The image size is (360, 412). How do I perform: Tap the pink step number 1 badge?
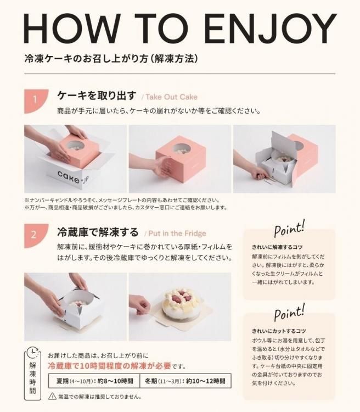(x=36, y=101)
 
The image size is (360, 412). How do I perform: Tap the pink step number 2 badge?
(x=36, y=236)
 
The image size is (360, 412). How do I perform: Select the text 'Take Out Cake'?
(x=171, y=97)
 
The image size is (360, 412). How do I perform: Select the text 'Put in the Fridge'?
(x=177, y=233)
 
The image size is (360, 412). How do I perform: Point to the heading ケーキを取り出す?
(x=97, y=96)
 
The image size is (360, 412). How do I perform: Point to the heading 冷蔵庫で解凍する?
(x=98, y=232)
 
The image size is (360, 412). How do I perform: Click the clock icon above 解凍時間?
(x=33, y=353)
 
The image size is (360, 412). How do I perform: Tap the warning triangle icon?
(x=52, y=396)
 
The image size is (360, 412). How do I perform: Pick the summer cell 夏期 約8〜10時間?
(x=94, y=381)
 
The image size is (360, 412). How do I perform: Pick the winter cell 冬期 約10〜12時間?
(x=185, y=381)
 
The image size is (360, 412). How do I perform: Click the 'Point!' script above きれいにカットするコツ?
(x=289, y=313)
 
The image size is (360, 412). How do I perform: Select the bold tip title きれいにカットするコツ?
(x=279, y=331)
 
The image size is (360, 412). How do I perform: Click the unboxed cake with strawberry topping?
(x=181, y=303)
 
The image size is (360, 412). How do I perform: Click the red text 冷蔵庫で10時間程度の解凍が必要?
(x=110, y=366)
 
